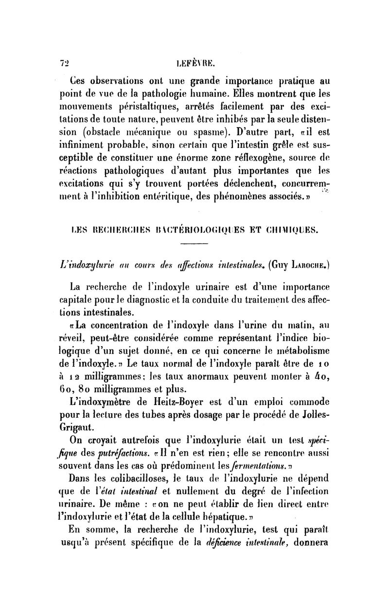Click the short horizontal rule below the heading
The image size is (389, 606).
pyautogui.click(x=194, y=245)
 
